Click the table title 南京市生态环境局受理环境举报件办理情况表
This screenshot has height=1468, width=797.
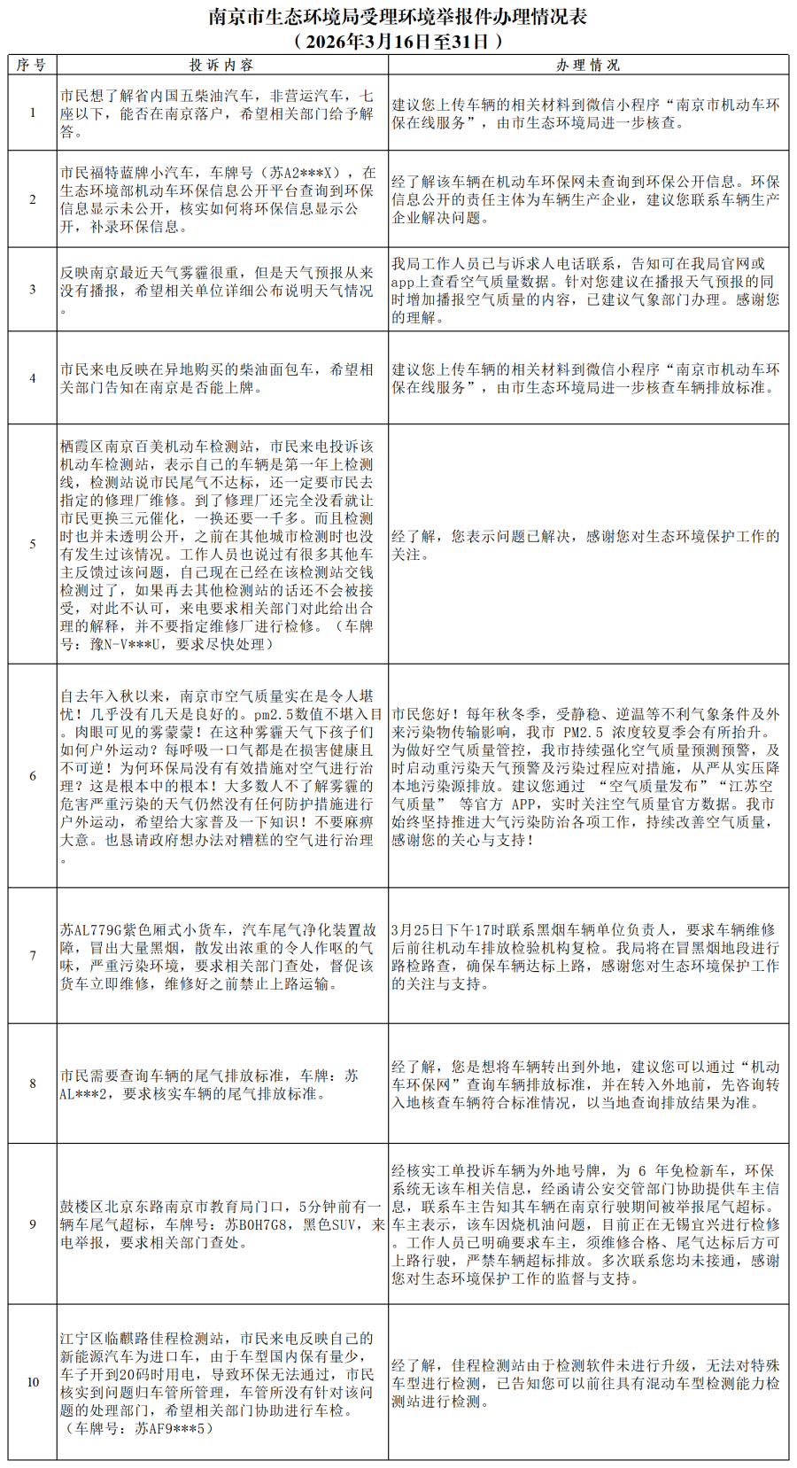tap(398, 17)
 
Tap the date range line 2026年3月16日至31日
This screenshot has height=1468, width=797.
tap(398, 41)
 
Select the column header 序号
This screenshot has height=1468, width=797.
tap(32, 65)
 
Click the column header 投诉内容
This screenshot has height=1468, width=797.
tap(221, 65)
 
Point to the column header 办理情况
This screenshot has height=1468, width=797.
tap(588, 65)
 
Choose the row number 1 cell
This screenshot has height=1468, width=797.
tap(33, 113)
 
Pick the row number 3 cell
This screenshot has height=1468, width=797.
tap(33, 290)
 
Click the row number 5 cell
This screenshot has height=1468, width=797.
tap(33, 544)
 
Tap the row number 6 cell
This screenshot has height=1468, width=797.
tap(33, 776)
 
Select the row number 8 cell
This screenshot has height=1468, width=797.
tap(33, 1084)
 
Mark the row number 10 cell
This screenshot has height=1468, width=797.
tap(33, 1382)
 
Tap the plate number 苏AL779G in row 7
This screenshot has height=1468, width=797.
tap(91, 930)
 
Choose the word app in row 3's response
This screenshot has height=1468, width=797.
tap(403, 282)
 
